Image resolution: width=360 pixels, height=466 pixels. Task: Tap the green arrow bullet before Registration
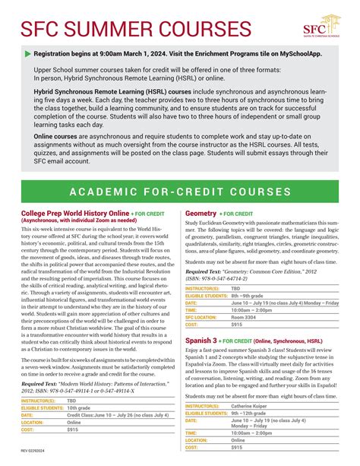[x=28, y=54]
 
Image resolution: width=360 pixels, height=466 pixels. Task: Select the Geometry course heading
[x=201, y=214]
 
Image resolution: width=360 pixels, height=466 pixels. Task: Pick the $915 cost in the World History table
[x=73, y=451]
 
